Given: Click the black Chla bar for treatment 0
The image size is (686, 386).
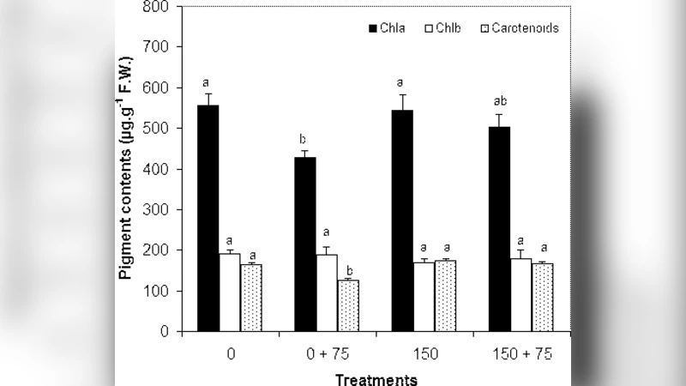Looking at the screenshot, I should click(x=208, y=218).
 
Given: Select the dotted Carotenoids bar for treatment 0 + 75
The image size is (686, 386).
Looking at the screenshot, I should click(x=348, y=305).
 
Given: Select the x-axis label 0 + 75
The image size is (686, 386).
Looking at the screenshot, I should click(x=327, y=353).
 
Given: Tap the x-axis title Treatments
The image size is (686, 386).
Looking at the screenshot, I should click(x=376, y=377).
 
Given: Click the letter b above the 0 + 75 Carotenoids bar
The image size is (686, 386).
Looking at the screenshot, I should click(x=348, y=270).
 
